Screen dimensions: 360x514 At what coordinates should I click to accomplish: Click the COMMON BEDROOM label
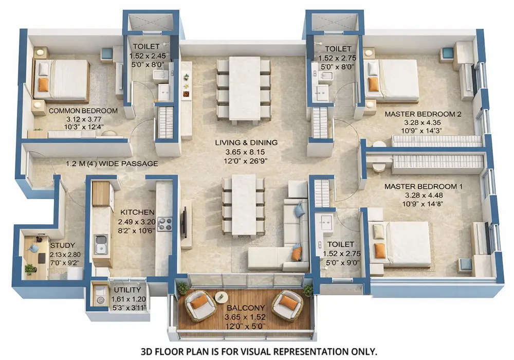(83, 111)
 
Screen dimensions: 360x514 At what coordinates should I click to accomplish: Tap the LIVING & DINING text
(246, 142)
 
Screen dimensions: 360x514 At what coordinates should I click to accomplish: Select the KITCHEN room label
(137, 212)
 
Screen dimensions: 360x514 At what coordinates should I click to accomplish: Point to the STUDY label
(63, 245)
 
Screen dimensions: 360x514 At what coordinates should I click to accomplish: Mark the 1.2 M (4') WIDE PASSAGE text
(112, 164)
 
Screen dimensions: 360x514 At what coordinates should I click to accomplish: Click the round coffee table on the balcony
(222, 297)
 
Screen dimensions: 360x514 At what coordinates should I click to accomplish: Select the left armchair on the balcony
(199, 305)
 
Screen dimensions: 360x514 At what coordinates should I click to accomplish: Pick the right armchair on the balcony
(288, 305)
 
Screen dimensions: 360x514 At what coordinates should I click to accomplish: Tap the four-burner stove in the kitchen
(164, 224)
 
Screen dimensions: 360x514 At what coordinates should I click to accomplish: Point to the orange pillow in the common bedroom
(44, 84)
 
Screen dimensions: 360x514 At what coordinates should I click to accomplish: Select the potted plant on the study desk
(30, 268)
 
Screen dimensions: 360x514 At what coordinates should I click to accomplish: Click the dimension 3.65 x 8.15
(246, 152)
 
